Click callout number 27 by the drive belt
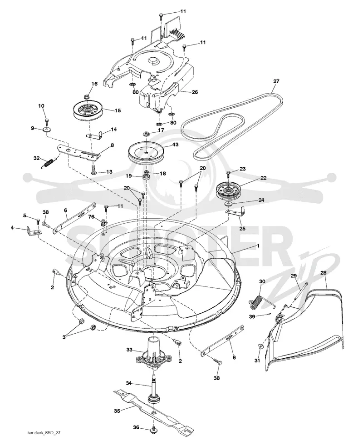pos(276,81)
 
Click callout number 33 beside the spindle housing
pos(129,350)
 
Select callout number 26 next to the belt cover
pos(195,92)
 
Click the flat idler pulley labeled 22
pos(228,190)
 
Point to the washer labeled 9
pos(46,130)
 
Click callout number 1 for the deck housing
pos(258,245)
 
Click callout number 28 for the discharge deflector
pos(323,273)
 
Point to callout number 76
pos(91,217)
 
